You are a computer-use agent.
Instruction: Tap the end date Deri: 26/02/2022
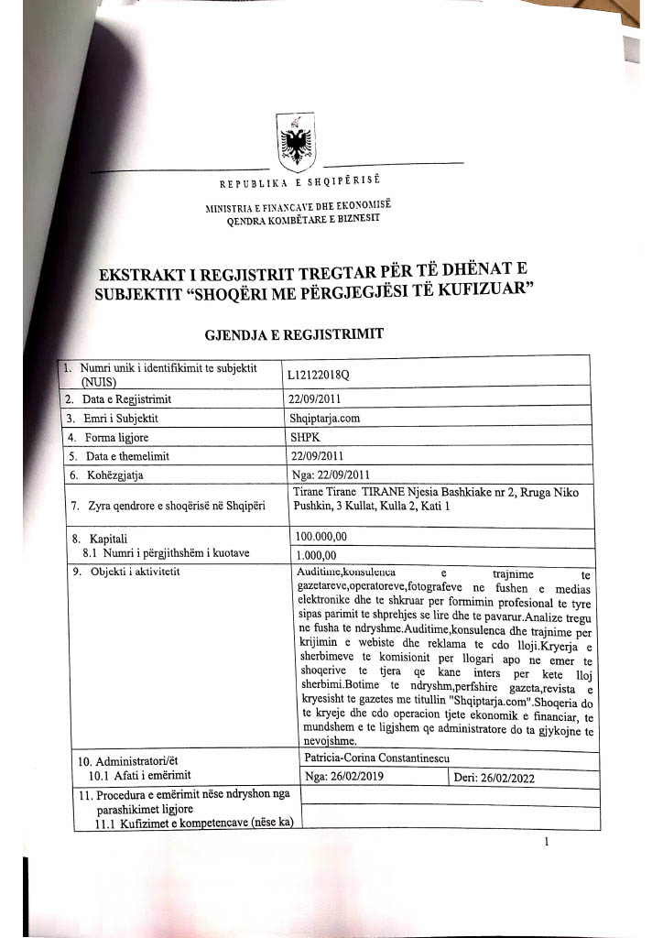point(495,779)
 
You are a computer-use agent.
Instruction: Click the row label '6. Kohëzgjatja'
point(106,475)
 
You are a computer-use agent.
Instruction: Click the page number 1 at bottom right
point(546,841)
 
